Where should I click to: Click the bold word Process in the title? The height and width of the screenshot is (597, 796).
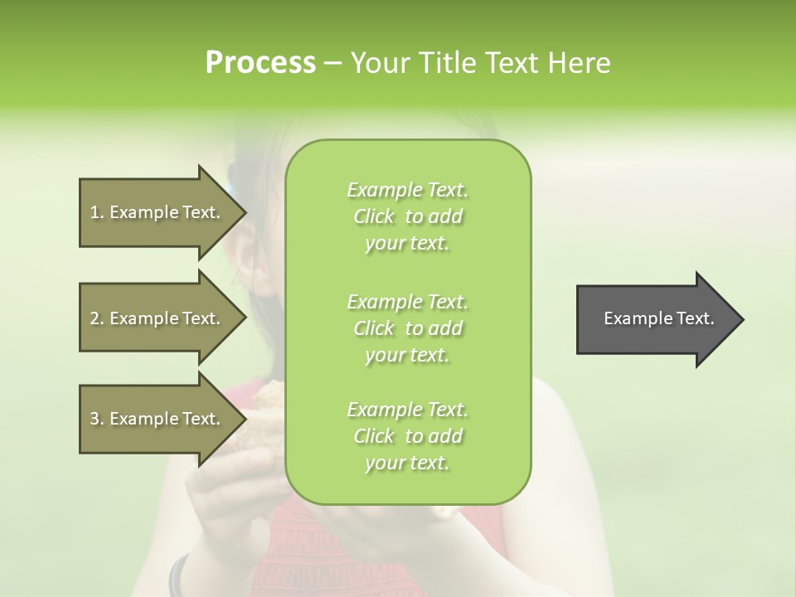(260, 63)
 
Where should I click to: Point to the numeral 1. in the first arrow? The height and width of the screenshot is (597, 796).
(97, 212)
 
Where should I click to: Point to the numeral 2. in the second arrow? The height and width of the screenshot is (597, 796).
(97, 318)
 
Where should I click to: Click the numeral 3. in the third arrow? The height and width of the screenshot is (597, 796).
(97, 419)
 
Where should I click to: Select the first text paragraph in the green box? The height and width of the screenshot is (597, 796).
(408, 216)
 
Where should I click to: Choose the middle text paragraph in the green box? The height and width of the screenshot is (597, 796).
(408, 328)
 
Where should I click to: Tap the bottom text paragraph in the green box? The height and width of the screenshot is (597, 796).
(408, 436)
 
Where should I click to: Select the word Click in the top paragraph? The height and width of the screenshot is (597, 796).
(374, 217)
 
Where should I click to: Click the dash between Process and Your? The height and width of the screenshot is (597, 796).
(332, 64)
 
